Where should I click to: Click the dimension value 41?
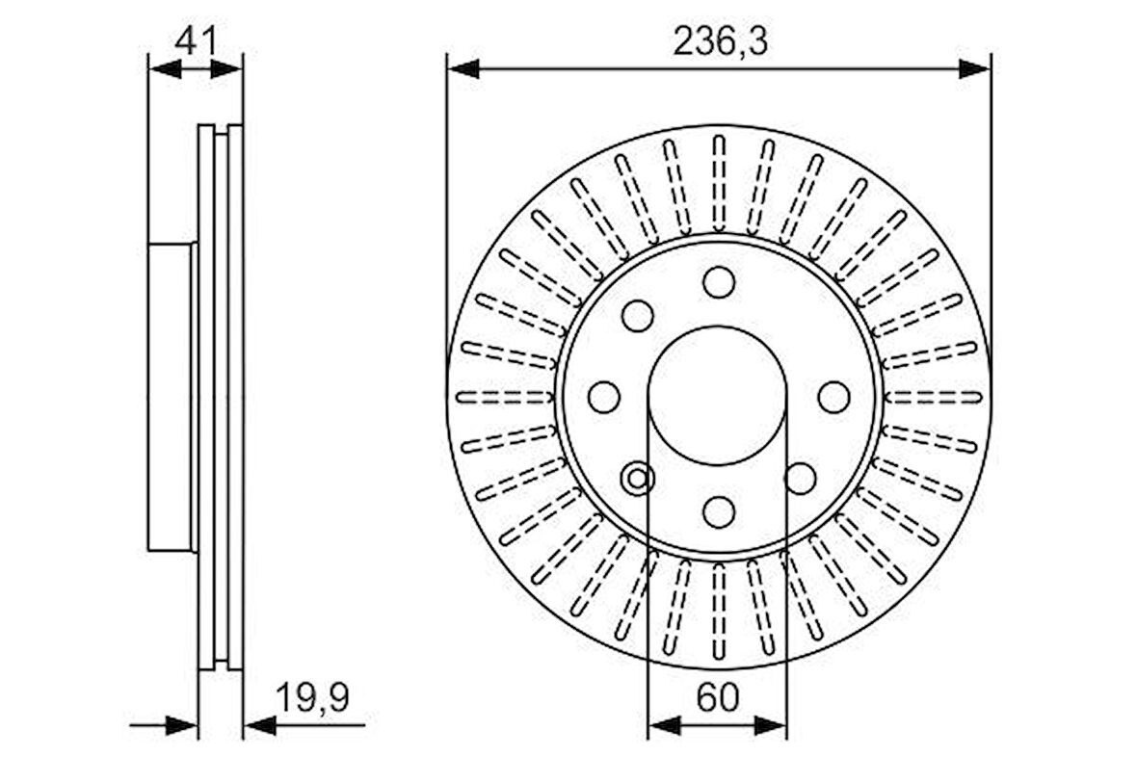tap(196, 41)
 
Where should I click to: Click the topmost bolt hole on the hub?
tap(719, 282)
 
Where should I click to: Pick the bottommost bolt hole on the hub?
tap(719, 511)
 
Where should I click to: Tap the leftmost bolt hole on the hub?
tap(604, 397)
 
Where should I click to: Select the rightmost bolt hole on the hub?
tap(833, 397)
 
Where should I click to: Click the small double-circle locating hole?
tap(638, 477)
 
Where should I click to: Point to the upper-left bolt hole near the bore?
tap(637, 316)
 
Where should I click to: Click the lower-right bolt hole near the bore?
tap(800, 477)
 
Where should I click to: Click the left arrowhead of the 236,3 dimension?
tap(463, 68)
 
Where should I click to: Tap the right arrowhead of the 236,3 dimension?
tap(975, 68)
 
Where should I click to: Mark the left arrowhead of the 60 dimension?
tap(663, 725)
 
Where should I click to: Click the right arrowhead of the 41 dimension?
tap(227, 68)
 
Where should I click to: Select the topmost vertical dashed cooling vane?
tap(719, 183)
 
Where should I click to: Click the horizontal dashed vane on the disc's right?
tap(933, 397)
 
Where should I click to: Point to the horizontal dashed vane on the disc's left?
tap(504, 397)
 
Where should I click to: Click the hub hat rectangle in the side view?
tap(171, 397)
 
